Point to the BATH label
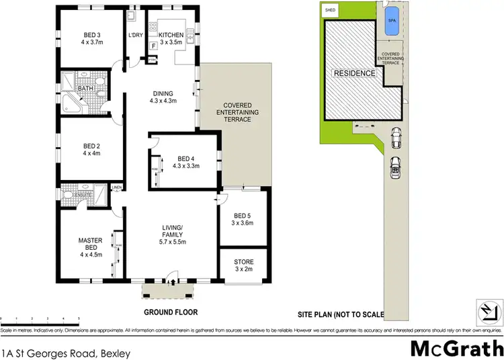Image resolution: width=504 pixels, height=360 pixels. click(85, 88)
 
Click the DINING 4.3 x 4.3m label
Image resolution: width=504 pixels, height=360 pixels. click(163, 97)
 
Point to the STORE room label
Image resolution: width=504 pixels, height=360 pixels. click(243, 265)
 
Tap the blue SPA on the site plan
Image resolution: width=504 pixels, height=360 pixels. click(391, 22)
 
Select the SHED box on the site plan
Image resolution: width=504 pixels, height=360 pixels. click(330, 11)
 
